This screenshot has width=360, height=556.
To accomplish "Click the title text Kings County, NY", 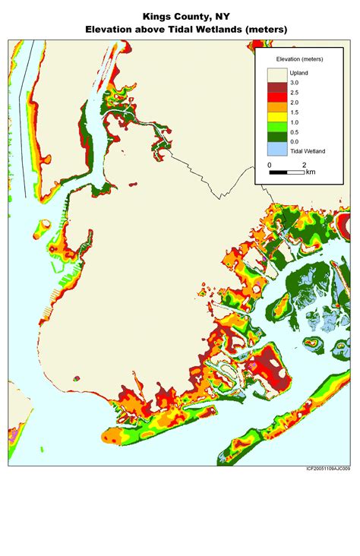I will coord(180,15).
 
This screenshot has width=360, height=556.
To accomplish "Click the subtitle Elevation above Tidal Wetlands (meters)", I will coord(180,30).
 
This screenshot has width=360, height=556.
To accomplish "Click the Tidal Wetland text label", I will coord(308,151).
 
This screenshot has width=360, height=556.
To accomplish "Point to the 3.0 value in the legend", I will coord(295,82).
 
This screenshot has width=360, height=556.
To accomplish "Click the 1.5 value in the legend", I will coord(295,112).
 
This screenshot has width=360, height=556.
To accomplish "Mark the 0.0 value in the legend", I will coord(295,141).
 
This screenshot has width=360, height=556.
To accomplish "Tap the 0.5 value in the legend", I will coord(295,131).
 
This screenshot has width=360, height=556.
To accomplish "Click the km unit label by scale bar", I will coord(311,172).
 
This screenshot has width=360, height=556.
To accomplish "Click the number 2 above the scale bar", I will coord(304,164).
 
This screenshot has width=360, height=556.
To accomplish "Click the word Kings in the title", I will coord(155,15).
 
